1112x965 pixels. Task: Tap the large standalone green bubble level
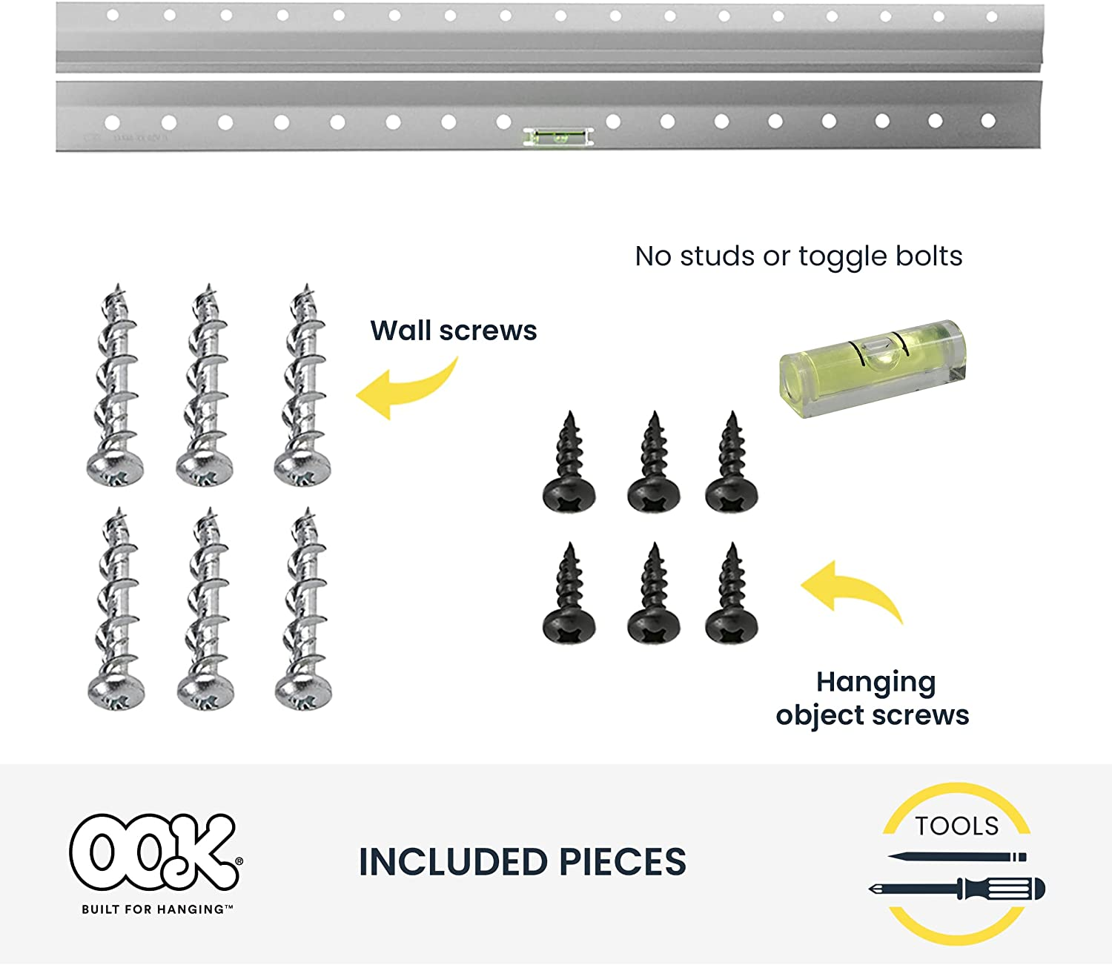point(873,366)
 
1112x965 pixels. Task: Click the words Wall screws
point(453,331)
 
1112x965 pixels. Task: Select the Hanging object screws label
point(873,698)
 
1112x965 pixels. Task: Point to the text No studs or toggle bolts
point(798,256)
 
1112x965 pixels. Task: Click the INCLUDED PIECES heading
point(522,862)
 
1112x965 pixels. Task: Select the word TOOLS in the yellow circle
point(956,826)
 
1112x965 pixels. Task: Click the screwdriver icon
point(956,889)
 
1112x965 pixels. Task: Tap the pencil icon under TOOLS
point(956,857)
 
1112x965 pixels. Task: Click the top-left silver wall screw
point(116,385)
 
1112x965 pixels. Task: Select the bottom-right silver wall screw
point(303,609)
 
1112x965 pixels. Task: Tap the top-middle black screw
point(653,463)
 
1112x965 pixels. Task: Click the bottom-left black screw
point(569,594)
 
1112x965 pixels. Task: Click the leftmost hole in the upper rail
point(113,15)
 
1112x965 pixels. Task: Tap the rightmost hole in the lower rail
point(988,120)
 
